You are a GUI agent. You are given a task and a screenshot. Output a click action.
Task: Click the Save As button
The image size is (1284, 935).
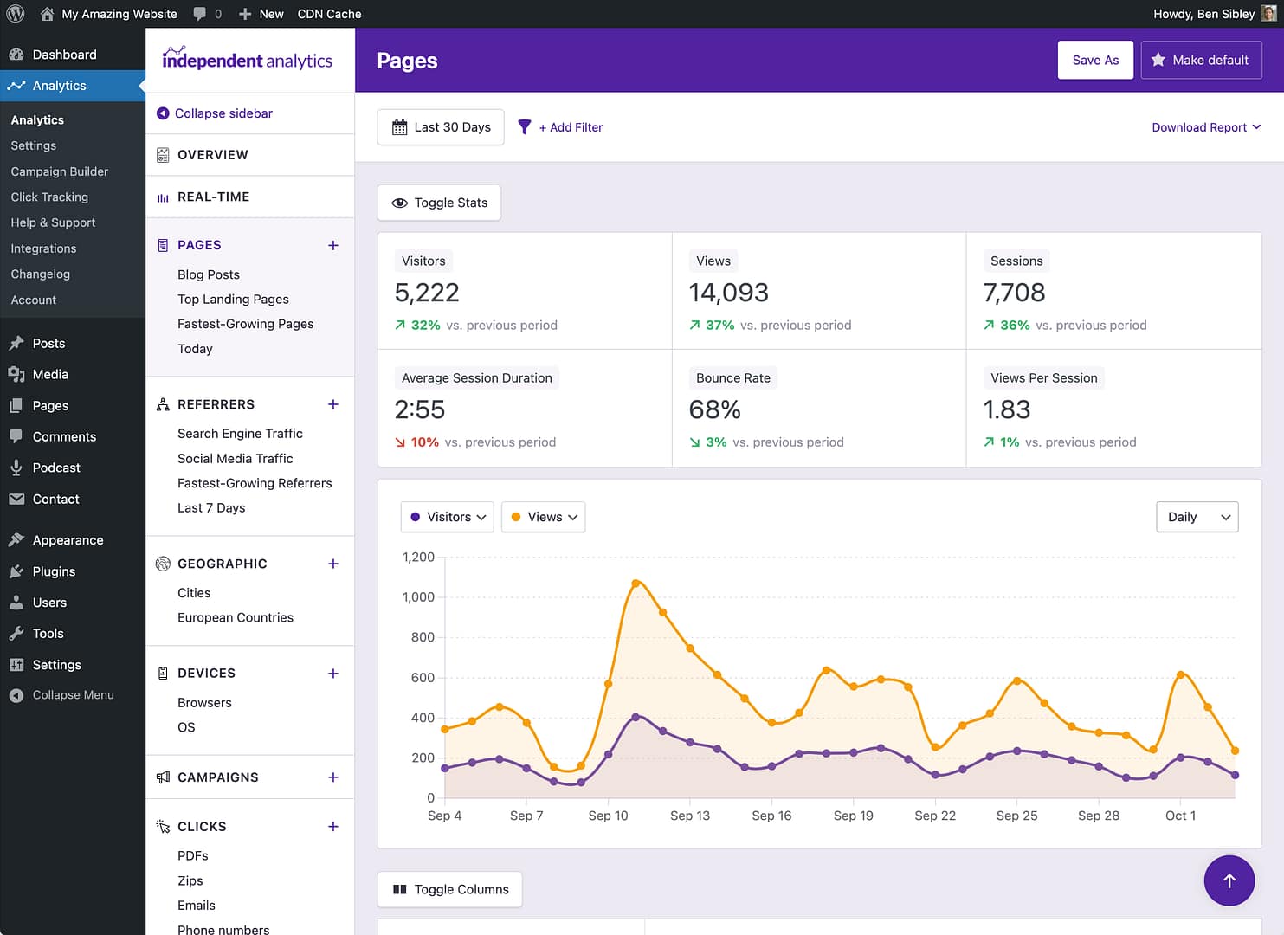pyautogui.click(x=1094, y=60)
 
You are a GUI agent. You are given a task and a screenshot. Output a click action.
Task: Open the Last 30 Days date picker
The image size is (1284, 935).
pyautogui.click(x=441, y=127)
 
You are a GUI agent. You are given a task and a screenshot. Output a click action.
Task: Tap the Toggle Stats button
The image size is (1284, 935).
pyautogui.click(x=439, y=203)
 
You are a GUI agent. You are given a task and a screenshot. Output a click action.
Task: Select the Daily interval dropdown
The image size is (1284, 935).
pyautogui.click(x=1197, y=517)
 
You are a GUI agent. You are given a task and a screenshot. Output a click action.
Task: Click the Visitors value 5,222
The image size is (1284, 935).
pyautogui.click(x=427, y=293)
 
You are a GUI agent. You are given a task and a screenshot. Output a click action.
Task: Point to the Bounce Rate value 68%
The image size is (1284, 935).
pyautogui.click(x=714, y=409)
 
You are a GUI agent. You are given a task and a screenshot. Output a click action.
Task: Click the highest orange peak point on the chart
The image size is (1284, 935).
pyautogui.click(x=636, y=584)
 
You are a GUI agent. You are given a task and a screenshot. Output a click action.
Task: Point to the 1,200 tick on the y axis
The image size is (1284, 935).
pyautogui.click(x=418, y=557)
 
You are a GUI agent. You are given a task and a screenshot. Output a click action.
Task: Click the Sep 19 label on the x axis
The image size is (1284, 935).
pyautogui.click(x=853, y=816)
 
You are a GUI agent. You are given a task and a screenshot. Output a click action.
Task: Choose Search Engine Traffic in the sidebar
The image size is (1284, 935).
pyautogui.click(x=240, y=434)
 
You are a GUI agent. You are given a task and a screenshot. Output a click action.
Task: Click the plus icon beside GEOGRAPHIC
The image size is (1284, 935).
pyautogui.click(x=333, y=564)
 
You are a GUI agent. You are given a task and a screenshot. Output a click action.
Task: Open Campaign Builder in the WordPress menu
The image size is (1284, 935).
pyautogui.click(x=59, y=171)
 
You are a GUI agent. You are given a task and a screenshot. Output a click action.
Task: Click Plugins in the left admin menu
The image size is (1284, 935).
pyautogui.click(x=54, y=571)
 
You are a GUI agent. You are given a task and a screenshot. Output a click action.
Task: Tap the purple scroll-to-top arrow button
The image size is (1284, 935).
pyautogui.click(x=1229, y=880)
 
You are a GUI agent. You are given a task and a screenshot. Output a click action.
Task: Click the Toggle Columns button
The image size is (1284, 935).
pyautogui.click(x=449, y=889)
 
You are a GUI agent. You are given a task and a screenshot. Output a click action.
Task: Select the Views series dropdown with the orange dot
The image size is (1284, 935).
pyautogui.click(x=543, y=517)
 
